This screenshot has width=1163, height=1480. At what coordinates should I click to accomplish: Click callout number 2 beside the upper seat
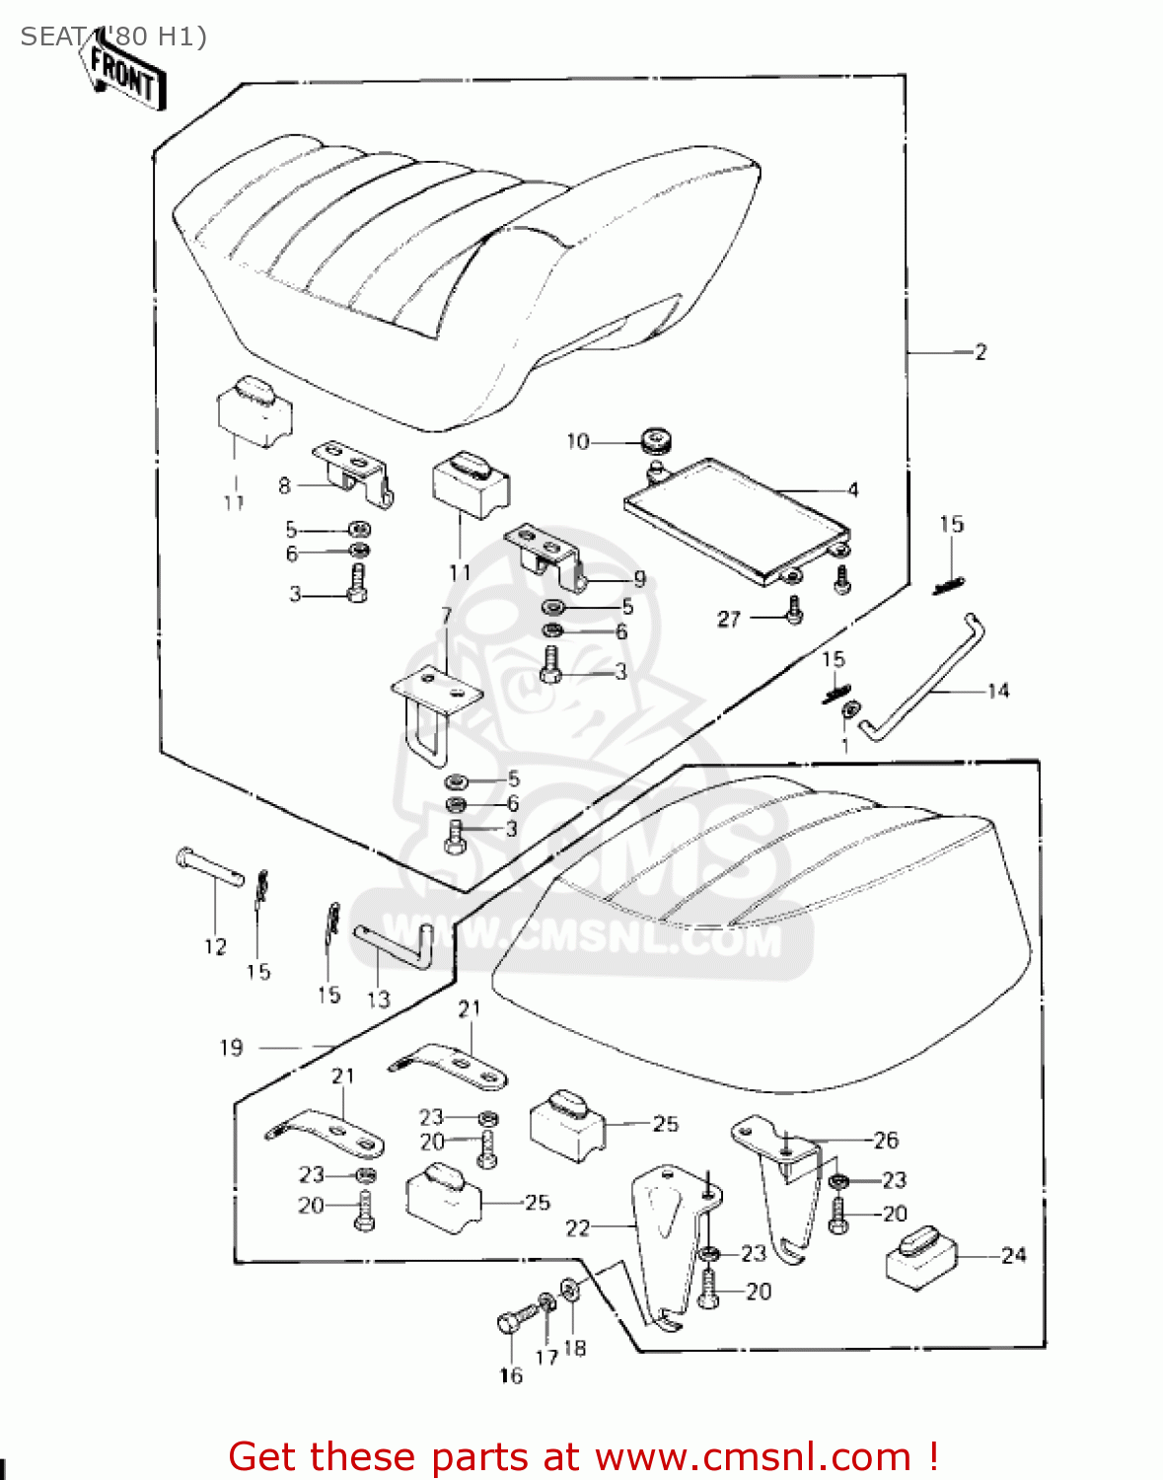click(x=980, y=352)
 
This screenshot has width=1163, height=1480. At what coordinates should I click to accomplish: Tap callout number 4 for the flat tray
click(x=853, y=489)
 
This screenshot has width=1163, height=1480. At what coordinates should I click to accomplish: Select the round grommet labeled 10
click(x=654, y=438)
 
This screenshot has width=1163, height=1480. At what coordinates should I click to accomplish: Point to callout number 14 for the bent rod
click(x=998, y=691)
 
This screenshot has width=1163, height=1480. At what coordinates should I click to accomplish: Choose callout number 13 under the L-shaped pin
click(x=379, y=999)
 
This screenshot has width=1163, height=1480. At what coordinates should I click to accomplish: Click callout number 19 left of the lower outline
click(x=231, y=1048)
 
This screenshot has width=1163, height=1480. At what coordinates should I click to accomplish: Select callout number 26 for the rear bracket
click(x=886, y=1141)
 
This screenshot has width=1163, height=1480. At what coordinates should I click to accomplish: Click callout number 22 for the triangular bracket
click(x=577, y=1227)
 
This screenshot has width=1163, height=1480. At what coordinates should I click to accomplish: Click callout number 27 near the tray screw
click(x=729, y=619)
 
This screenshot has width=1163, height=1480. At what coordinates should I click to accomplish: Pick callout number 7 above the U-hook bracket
click(x=447, y=616)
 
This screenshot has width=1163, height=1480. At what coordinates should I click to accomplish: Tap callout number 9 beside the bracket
click(x=639, y=579)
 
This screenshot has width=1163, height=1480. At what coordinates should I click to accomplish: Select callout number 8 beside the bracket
click(x=285, y=485)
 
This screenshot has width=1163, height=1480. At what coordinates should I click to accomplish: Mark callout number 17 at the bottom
click(x=546, y=1357)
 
